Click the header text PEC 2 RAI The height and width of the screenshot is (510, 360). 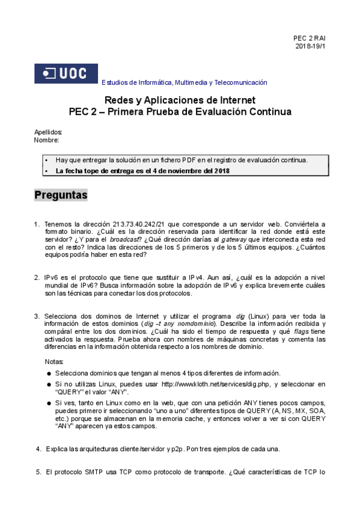coord(309,38)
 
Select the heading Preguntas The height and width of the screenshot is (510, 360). coord(61,195)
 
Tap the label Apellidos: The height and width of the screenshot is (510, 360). coord(48,132)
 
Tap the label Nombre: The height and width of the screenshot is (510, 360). coord(46,140)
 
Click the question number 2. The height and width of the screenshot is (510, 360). coord(37,277)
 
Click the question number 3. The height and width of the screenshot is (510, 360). coord(37,316)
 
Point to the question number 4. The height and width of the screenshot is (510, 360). coord(39,449)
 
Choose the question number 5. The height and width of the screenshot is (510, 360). coord(39,472)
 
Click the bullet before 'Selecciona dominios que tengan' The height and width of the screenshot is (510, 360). coord(49,373)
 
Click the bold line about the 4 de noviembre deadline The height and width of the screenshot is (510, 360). coord(142,171)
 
